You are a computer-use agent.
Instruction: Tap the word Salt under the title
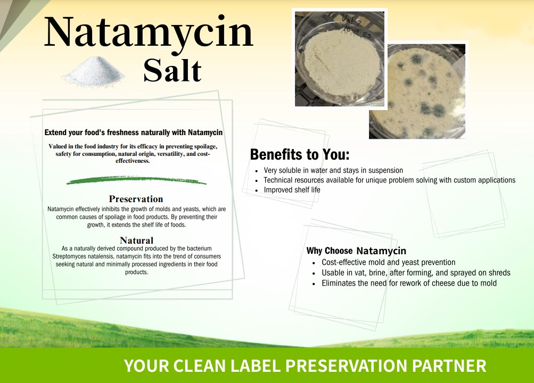(x=172, y=71)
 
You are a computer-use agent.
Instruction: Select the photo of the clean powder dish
(x=340, y=59)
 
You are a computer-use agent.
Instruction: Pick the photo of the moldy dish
(x=417, y=91)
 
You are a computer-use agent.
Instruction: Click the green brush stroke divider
(x=136, y=180)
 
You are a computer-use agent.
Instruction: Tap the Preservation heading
(x=136, y=199)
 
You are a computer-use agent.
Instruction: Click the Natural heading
(x=137, y=240)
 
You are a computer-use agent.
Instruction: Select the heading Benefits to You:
(x=300, y=154)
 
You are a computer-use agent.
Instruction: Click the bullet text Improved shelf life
(x=292, y=190)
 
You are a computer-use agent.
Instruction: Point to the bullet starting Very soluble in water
(x=333, y=170)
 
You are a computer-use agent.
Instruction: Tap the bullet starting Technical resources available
(x=389, y=180)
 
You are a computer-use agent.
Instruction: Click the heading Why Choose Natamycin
(x=356, y=251)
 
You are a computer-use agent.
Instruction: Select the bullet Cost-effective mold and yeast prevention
(x=388, y=262)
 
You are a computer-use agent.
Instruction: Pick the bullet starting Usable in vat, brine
(x=416, y=273)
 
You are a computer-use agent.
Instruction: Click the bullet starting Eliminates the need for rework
(x=409, y=283)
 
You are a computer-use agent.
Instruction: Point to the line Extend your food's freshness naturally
(x=134, y=132)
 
